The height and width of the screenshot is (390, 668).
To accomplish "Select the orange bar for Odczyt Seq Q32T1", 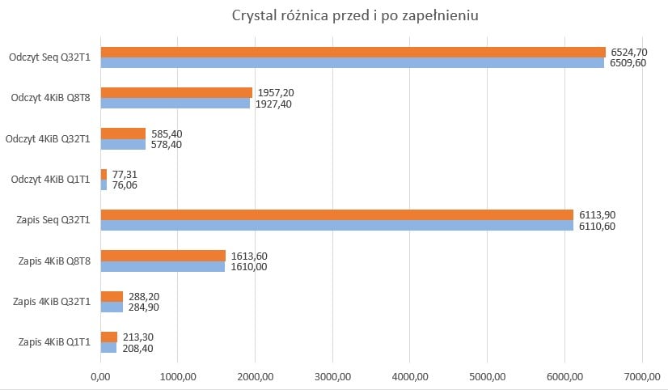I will pyautogui.click(x=353, y=52).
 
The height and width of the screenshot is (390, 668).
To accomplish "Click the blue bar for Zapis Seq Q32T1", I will pyautogui.click(x=336, y=226).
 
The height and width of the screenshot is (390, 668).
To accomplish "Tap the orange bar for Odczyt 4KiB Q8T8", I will pyautogui.click(x=176, y=92).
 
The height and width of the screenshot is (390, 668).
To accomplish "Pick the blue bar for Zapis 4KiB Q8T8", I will pyautogui.click(x=163, y=266).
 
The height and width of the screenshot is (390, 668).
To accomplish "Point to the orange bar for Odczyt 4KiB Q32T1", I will pyautogui.click(x=123, y=134).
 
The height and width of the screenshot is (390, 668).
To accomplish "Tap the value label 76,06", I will pyautogui.click(x=125, y=185).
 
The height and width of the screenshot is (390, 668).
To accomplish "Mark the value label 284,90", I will pyautogui.click(x=145, y=307).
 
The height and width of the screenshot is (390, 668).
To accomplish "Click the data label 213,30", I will pyautogui.click(x=139, y=337).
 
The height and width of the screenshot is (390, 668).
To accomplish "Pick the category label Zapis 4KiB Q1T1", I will pyautogui.click(x=53, y=343).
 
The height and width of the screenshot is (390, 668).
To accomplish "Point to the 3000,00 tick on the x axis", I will pyautogui.click(x=332, y=375).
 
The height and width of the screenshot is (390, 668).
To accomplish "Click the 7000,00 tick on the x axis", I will pyautogui.click(x=641, y=375).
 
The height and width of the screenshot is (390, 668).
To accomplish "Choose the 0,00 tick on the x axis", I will pyautogui.click(x=100, y=375).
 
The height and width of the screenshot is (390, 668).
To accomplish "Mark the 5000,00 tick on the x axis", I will pyautogui.click(x=487, y=375).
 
